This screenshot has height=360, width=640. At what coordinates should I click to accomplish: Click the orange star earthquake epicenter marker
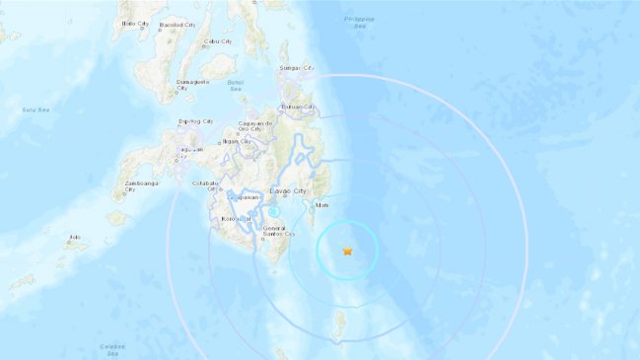pyautogui.click(x=347, y=252)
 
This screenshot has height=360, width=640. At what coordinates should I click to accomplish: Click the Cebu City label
pyautogui.click(x=218, y=41)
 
